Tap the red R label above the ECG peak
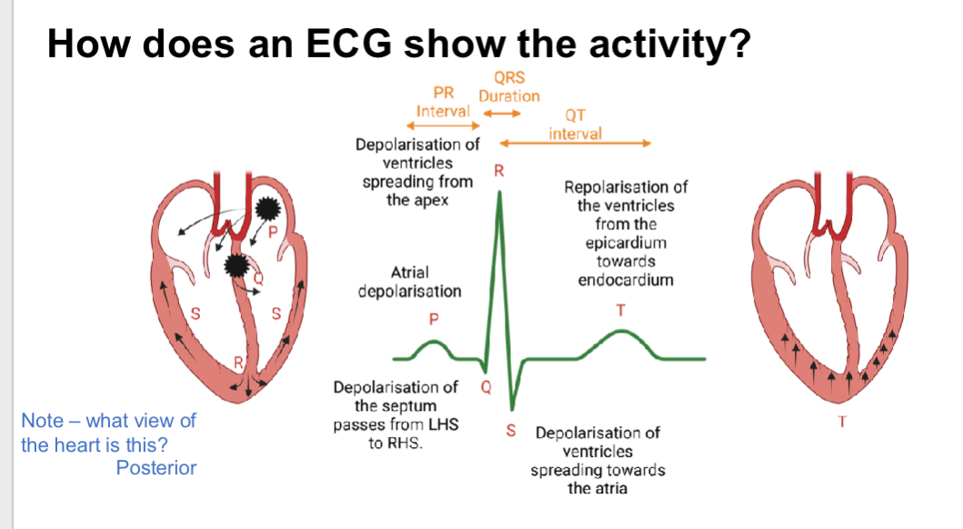(498, 170)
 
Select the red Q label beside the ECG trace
(485, 385)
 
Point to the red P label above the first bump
(434, 319)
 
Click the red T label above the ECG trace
(621, 310)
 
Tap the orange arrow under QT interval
(575, 143)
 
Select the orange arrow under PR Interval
(442, 125)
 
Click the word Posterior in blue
(156, 468)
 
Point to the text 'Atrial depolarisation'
(409, 282)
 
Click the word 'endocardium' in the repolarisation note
(626, 279)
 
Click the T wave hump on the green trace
(621, 335)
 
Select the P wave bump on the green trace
(434, 346)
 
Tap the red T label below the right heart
(849, 422)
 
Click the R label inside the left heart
(239, 363)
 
